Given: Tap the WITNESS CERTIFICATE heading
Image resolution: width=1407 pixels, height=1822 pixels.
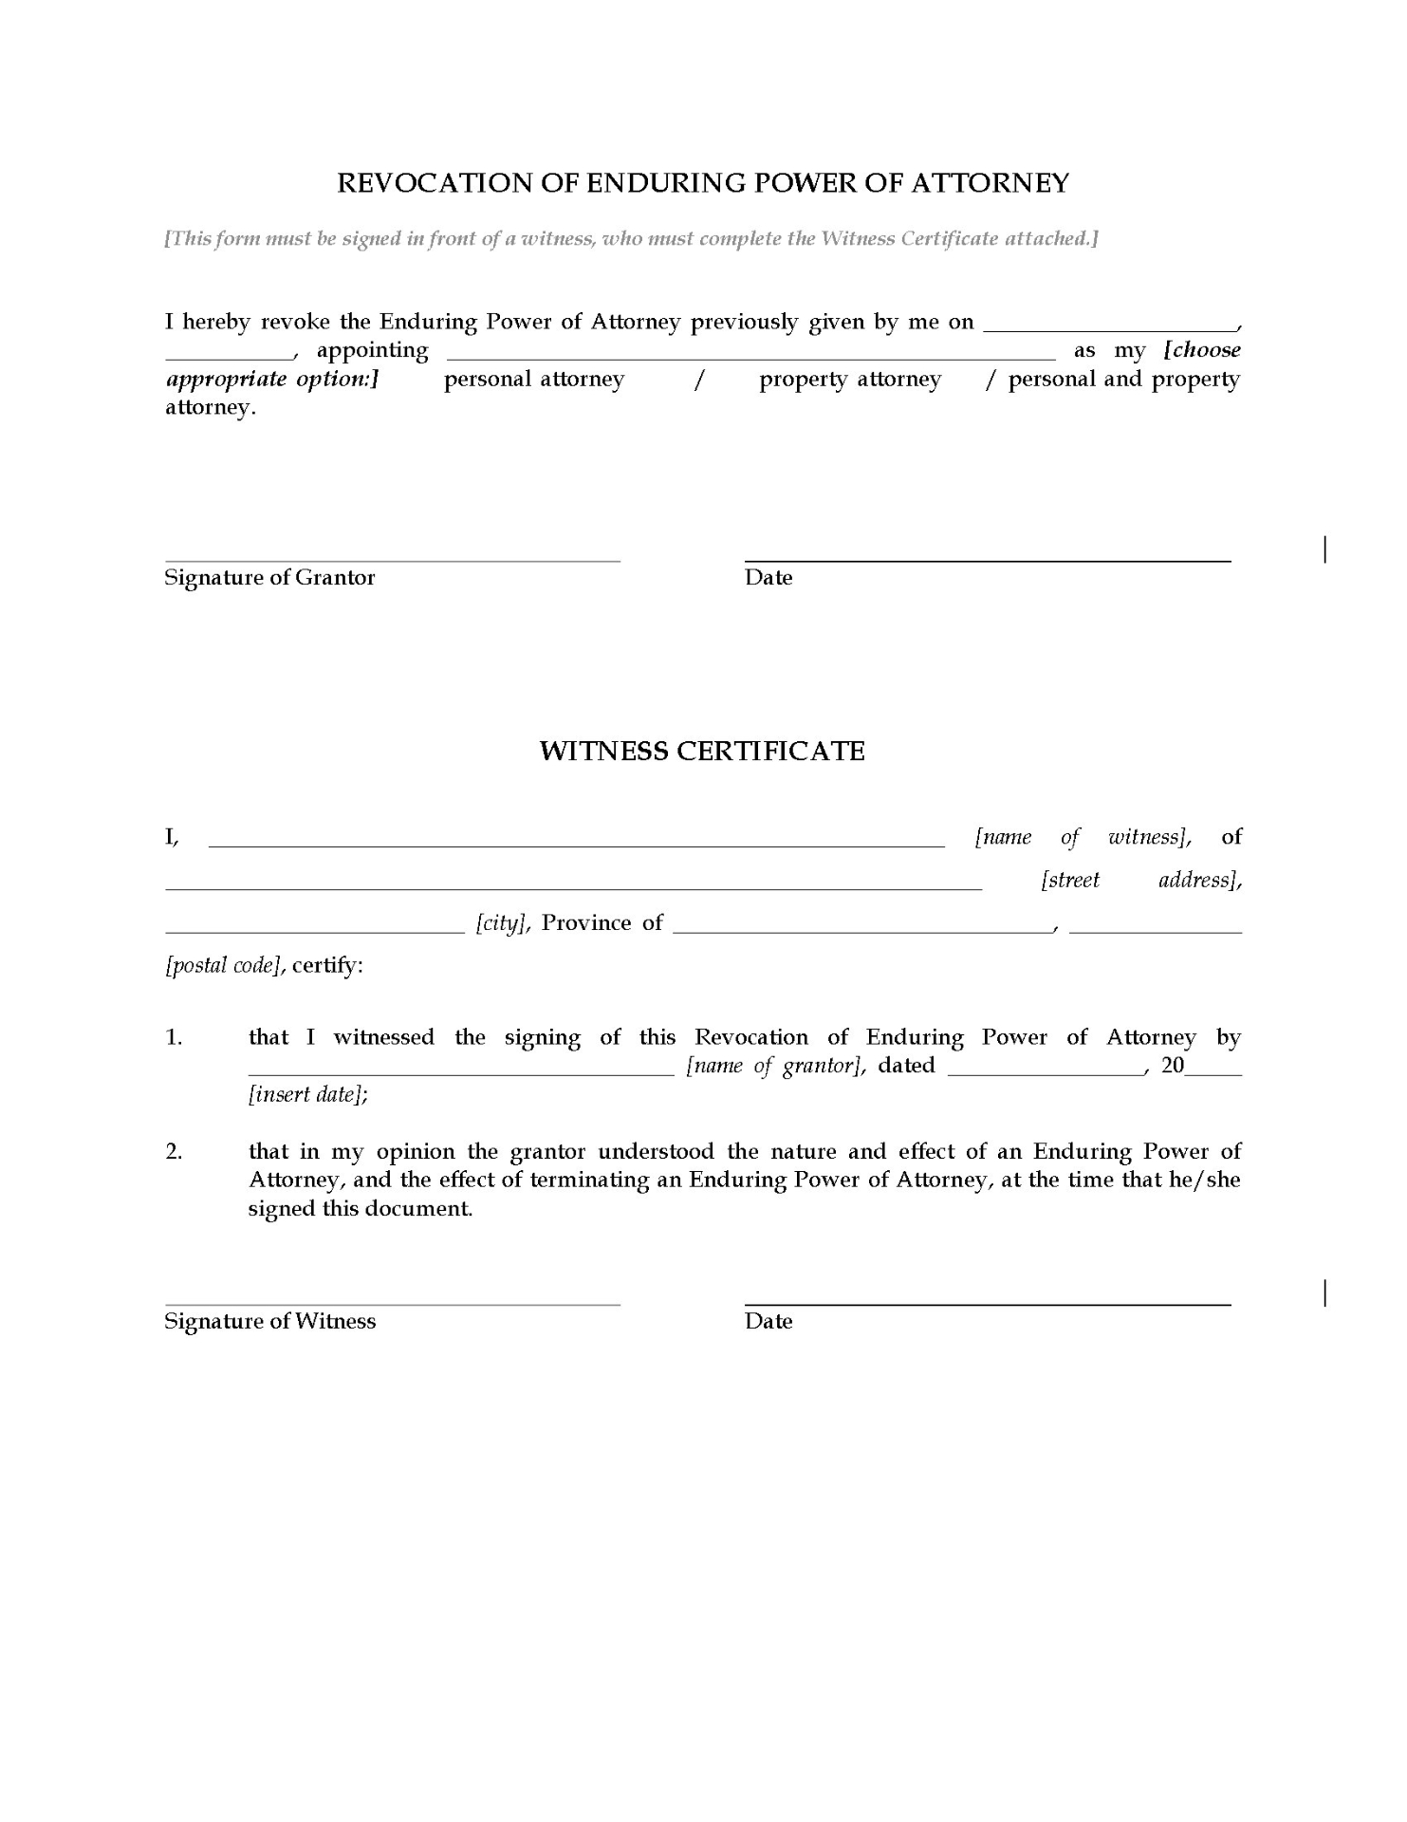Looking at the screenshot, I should tap(702, 752).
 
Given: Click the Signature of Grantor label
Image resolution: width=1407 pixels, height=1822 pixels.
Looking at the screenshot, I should tap(269, 578).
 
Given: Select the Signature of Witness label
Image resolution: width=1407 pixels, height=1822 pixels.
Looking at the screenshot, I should tap(269, 1322).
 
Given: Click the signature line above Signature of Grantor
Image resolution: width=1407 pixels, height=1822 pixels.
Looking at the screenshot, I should tap(392, 561).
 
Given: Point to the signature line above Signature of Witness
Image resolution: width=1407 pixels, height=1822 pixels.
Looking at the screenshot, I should tap(392, 1305).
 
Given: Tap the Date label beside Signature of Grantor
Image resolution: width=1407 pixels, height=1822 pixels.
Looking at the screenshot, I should tap(768, 578).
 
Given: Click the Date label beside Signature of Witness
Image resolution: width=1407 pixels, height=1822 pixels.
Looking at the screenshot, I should tap(768, 1322).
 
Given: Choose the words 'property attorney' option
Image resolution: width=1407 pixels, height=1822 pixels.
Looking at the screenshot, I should tap(850, 380).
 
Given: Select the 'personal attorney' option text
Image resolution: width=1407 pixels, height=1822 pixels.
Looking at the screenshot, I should tap(534, 380).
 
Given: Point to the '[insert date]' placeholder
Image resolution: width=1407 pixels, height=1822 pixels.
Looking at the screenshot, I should tap(308, 1094).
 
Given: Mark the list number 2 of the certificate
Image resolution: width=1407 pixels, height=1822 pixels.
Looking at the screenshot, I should tap(174, 1152).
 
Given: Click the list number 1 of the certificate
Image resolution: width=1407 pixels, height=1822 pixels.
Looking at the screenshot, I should tap(174, 1038).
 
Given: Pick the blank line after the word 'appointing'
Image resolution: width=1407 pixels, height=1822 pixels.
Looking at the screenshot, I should tap(750, 359).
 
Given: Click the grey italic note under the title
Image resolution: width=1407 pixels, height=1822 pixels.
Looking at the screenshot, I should tap(632, 239).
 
